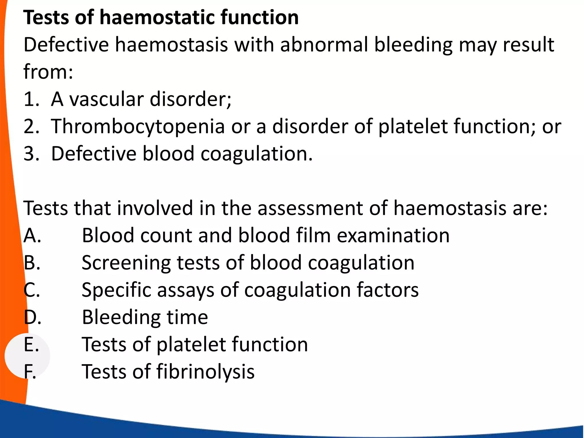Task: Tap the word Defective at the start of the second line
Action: [66, 45]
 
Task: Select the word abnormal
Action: [324, 45]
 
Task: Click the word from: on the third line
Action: [48, 72]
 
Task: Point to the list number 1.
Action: [31, 99]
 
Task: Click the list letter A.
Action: [32, 236]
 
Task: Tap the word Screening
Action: [126, 263]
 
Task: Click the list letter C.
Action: [32, 290]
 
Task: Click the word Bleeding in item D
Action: [121, 317]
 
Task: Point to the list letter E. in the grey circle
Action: [31, 344]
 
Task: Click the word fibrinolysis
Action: [205, 372]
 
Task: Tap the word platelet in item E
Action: [191, 344]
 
